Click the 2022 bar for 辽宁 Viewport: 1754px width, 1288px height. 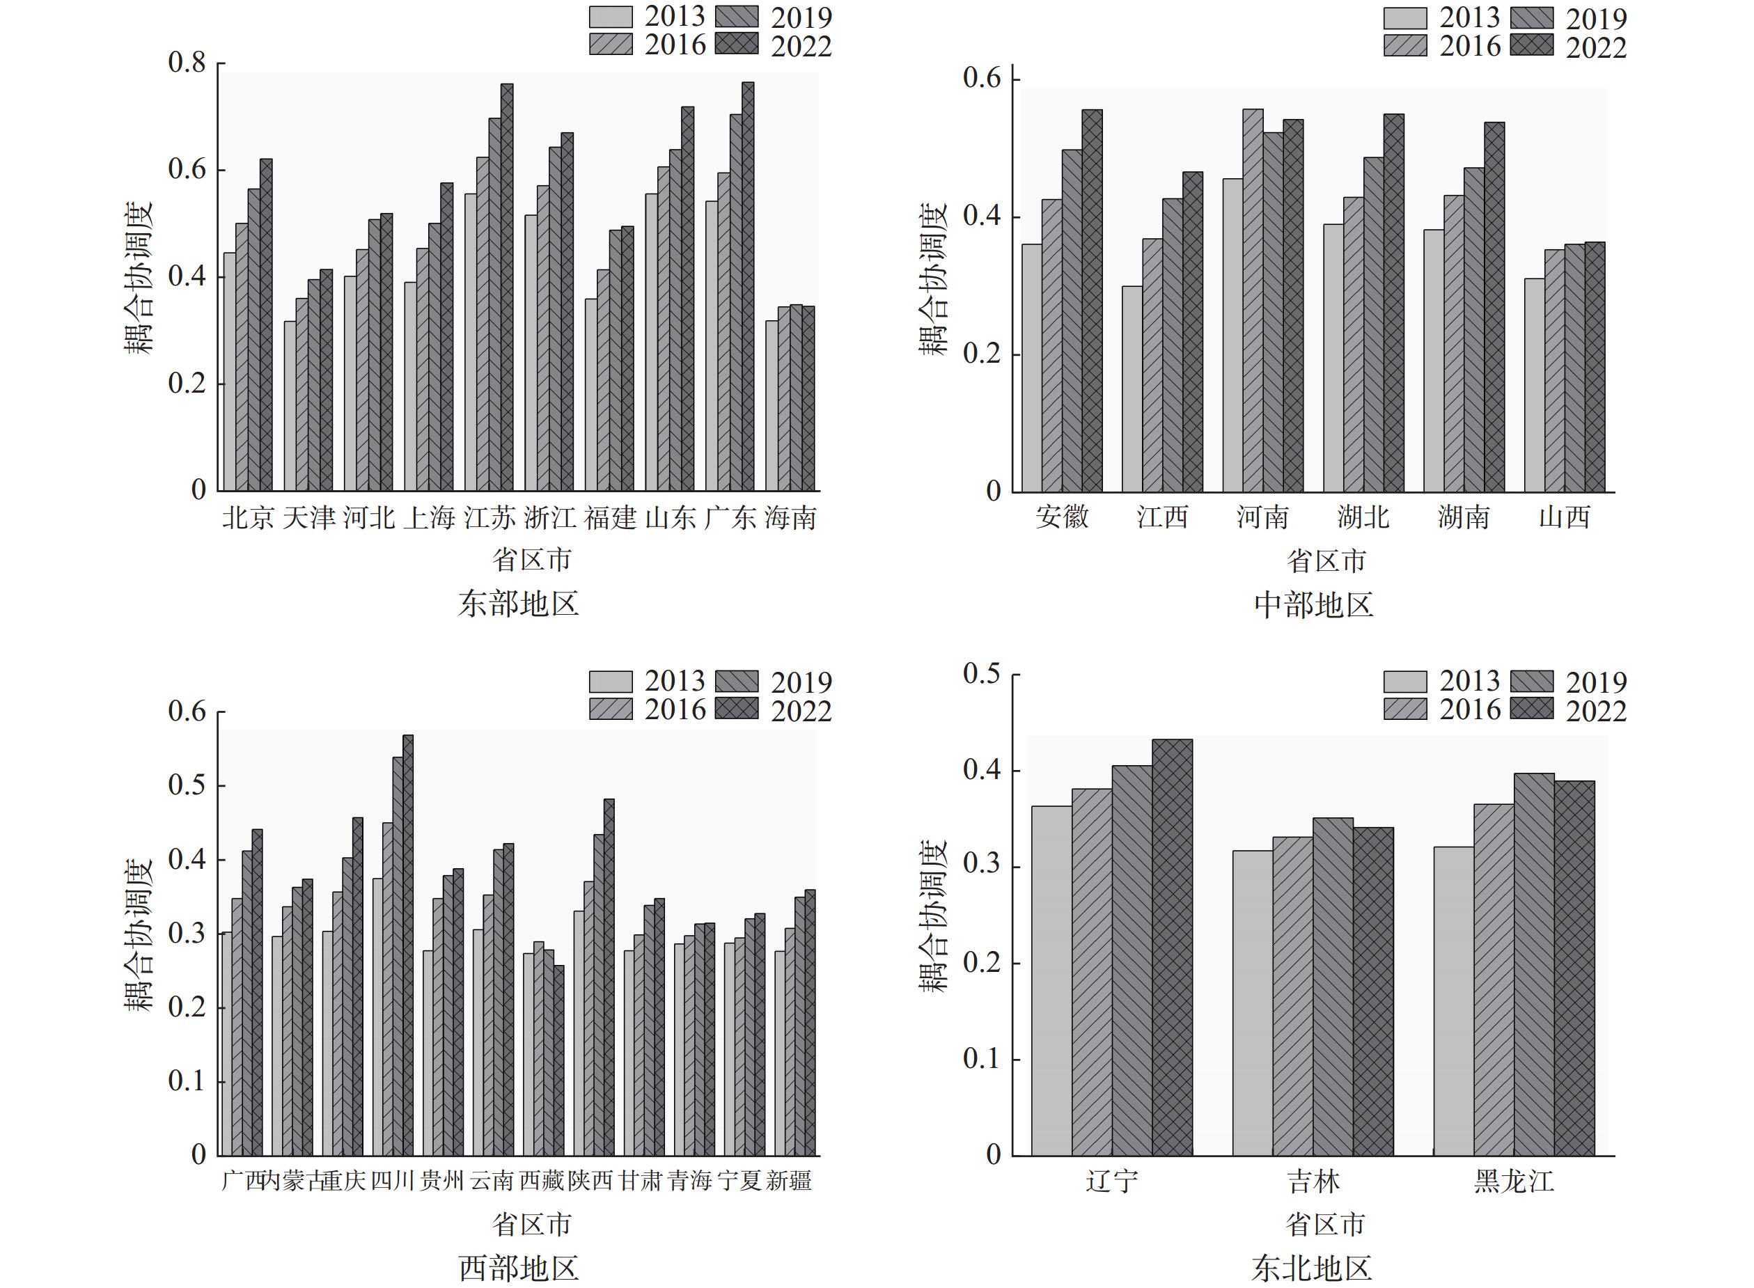(x=1172, y=947)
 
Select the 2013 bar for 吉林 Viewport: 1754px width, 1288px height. (x=1252, y=1003)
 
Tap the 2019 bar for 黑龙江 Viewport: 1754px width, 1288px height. (x=1533, y=964)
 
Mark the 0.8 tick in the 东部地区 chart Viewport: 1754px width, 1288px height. (x=187, y=63)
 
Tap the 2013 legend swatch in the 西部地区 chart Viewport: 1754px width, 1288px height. (x=611, y=682)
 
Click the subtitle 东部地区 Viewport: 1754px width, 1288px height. (x=519, y=604)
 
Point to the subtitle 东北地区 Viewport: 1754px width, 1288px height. (x=1312, y=1269)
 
